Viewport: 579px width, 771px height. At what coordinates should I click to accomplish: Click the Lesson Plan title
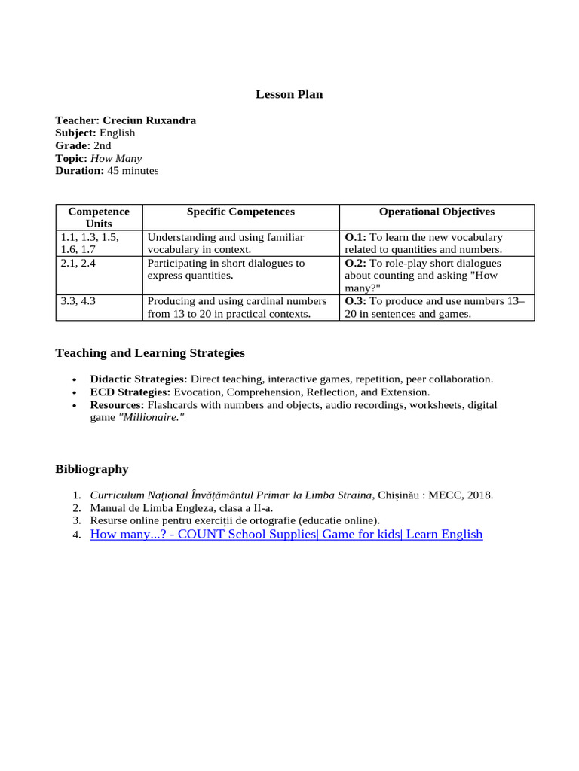click(x=289, y=94)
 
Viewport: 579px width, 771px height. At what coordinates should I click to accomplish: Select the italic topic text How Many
click(x=116, y=158)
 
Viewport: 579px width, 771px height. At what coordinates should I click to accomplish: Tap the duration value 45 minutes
click(x=133, y=171)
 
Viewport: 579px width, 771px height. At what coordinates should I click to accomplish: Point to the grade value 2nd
click(x=102, y=145)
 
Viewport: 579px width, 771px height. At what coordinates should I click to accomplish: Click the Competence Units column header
click(x=99, y=218)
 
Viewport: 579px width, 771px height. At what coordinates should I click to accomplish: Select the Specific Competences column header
click(x=240, y=212)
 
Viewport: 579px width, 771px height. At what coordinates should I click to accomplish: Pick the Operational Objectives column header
click(x=437, y=212)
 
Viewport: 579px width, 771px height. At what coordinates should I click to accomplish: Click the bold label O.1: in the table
click(x=355, y=237)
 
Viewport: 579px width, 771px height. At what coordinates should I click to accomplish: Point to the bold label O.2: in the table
click(x=355, y=264)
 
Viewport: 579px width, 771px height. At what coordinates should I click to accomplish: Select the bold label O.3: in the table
click(x=355, y=301)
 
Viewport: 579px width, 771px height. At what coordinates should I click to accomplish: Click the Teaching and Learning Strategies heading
click(x=150, y=353)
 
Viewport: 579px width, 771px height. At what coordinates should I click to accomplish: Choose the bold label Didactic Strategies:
click(x=139, y=379)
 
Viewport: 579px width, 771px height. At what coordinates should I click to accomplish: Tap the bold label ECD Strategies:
click(x=130, y=392)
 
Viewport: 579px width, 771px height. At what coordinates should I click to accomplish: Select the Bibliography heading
click(x=92, y=469)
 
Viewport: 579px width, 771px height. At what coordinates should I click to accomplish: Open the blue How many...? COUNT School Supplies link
click(x=286, y=535)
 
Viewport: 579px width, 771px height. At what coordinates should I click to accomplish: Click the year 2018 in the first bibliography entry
click(x=479, y=495)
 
